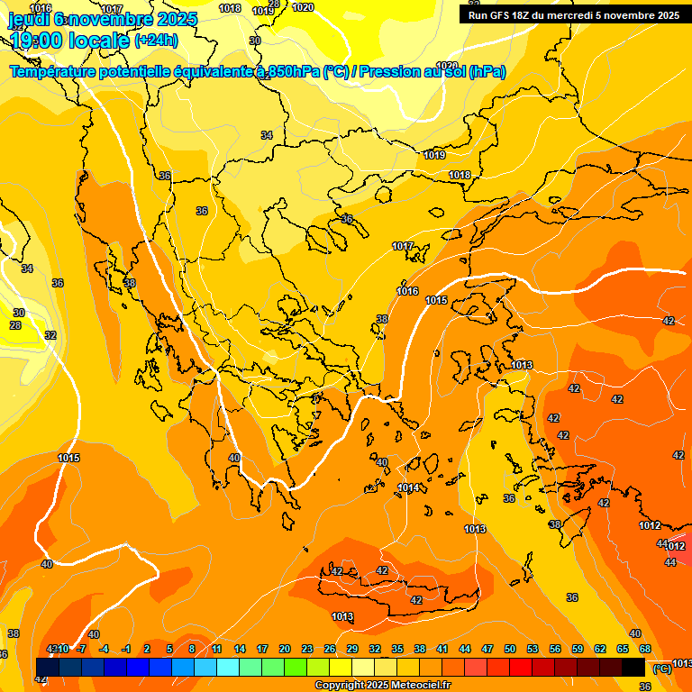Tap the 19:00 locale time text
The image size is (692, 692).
[x=68, y=41]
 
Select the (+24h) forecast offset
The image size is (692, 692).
[x=156, y=41]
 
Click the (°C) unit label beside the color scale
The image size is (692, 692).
[x=661, y=668]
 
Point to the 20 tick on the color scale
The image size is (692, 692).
[x=285, y=649]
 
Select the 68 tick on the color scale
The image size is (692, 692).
[x=645, y=649]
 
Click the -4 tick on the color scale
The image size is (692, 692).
[x=105, y=649]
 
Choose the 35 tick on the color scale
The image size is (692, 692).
[x=397, y=649]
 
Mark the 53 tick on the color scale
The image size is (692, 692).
[x=533, y=649]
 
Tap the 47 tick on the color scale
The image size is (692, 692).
[x=487, y=649]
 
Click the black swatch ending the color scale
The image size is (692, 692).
[x=633, y=667]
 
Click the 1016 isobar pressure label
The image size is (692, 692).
[x=407, y=291]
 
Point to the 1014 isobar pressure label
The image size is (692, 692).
[x=408, y=487]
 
